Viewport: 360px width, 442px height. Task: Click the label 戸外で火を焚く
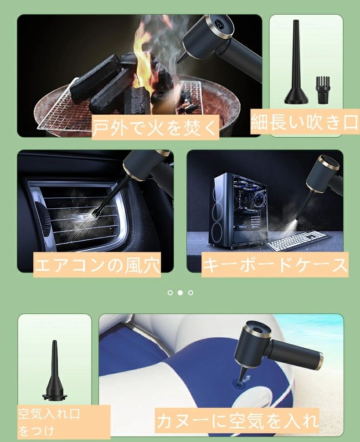(155, 128)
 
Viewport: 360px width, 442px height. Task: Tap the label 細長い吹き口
(305, 122)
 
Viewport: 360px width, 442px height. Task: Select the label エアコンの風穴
(97, 265)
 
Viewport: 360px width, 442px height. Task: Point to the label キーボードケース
(275, 265)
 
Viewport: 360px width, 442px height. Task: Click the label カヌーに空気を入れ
(237, 420)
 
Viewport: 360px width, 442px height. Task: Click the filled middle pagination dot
(180, 293)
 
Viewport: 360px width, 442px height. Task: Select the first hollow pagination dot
(170, 293)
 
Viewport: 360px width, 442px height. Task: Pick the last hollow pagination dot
(190, 293)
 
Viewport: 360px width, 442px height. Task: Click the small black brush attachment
(321, 90)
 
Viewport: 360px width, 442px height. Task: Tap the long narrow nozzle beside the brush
(296, 62)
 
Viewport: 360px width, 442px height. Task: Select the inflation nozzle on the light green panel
(55, 370)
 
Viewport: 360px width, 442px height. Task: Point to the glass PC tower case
(239, 211)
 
